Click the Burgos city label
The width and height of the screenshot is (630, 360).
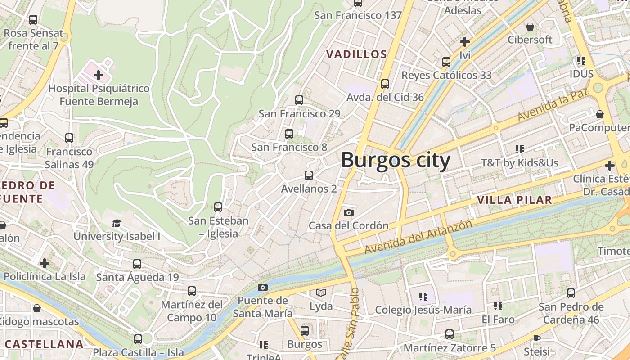tap(396, 160)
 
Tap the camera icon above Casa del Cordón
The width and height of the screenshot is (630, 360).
tap(348, 212)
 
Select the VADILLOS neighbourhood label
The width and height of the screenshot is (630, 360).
tap(356, 54)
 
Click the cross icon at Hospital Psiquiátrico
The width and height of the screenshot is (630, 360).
tap(99, 75)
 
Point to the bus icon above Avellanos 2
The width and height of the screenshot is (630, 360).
tap(308, 175)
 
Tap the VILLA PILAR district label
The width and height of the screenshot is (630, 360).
tap(514, 200)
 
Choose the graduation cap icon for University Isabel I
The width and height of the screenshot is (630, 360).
tap(117, 223)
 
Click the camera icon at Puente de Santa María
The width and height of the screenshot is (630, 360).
tap(263, 287)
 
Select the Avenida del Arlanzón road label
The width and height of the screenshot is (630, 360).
tap(418, 237)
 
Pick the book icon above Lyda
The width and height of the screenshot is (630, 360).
tap(321, 293)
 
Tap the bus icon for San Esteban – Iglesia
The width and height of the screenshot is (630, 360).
tap(218, 207)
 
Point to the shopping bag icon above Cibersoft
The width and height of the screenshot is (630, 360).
tap(530, 27)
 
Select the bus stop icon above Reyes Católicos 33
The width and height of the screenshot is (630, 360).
tap(446, 62)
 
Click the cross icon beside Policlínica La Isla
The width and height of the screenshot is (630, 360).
tap(45, 263)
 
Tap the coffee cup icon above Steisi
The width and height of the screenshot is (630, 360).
tap(536, 338)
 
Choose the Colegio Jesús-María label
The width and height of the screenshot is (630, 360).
tap(423, 310)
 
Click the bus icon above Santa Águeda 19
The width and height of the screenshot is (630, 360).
tap(137, 264)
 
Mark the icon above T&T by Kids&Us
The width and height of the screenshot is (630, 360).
tap(520, 149)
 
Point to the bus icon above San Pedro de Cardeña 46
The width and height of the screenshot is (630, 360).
tap(571, 293)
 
